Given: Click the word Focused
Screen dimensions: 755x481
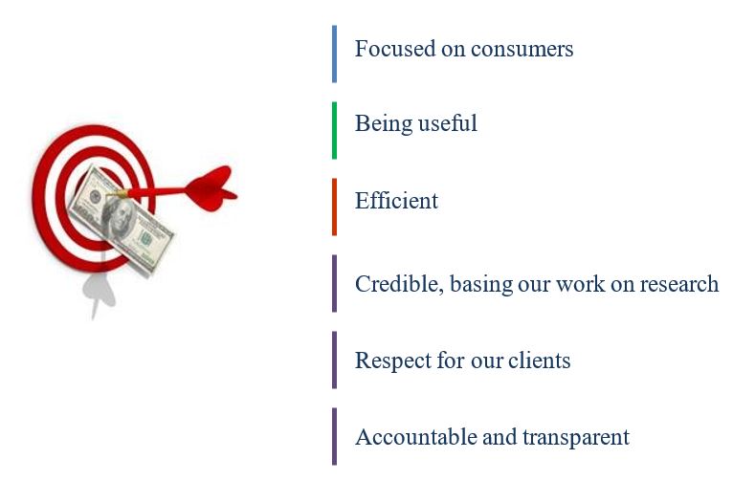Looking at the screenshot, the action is [395, 49].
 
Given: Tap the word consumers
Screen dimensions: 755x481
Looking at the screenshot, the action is [522, 50].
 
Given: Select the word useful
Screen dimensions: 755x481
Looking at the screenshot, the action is [447, 123].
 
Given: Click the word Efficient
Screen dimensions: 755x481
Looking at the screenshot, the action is [396, 200].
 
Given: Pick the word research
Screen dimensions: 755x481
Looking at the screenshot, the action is [678, 284].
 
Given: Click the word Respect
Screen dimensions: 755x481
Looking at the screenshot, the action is [393, 361].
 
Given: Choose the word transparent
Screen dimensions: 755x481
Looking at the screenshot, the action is [576, 438].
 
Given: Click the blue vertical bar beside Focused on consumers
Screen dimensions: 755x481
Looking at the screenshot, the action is [334, 54].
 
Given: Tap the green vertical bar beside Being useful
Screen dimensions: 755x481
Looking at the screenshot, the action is [334, 130].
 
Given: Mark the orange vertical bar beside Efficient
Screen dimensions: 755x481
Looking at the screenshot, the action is [334, 207].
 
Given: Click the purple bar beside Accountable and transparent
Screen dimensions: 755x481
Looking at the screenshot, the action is [334, 437].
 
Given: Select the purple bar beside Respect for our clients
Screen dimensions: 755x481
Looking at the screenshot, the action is [334, 360].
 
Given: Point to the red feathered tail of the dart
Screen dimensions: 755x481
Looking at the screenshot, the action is [211, 188].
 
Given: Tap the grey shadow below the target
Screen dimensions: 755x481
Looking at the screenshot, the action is [100, 289].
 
